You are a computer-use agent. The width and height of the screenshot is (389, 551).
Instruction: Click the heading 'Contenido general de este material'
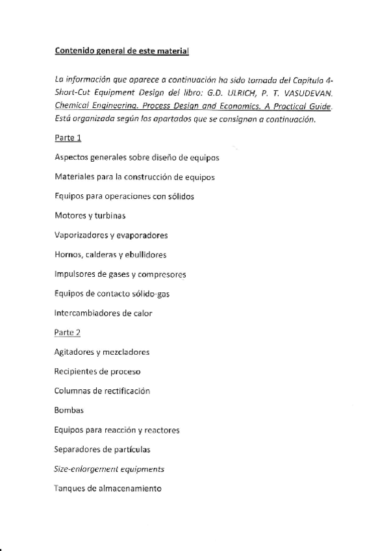click(122, 49)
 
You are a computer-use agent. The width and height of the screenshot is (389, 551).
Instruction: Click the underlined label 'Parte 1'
click(68, 138)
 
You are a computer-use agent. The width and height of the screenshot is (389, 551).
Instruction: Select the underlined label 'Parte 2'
click(68, 333)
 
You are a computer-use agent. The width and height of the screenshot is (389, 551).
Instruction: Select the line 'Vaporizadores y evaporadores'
click(111, 235)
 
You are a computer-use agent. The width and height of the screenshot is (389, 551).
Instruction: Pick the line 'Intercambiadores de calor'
click(103, 313)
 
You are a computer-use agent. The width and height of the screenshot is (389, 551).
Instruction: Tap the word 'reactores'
click(162, 430)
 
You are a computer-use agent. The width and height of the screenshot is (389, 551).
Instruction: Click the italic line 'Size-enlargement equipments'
click(109, 468)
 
